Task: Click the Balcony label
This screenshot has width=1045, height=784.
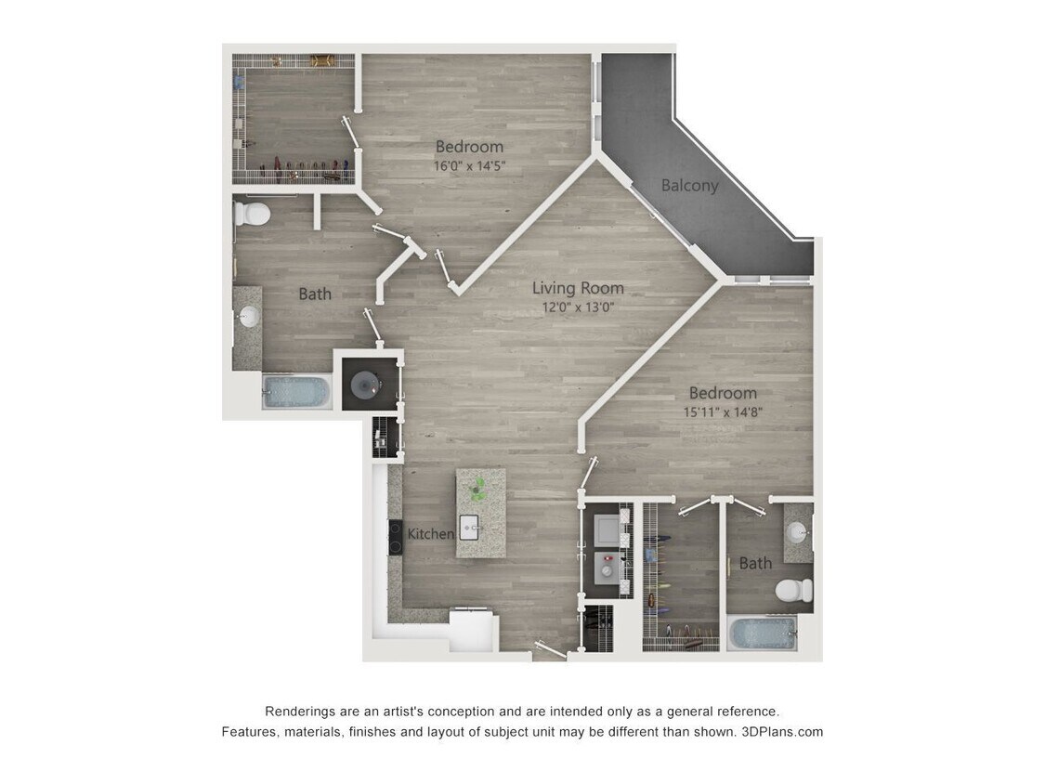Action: (689, 185)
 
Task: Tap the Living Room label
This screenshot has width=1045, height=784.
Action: (578, 288)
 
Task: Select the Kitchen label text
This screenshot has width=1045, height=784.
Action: (431, 534)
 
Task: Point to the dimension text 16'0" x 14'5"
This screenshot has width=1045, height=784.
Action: (469, 166)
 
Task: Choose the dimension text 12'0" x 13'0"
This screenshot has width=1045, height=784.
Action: (579, 307)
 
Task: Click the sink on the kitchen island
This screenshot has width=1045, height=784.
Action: (469, 525)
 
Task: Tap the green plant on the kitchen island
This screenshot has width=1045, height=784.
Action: (478, 486)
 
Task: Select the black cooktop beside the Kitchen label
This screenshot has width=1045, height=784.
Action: (394, 536)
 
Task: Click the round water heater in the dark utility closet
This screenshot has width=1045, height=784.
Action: (363, 381)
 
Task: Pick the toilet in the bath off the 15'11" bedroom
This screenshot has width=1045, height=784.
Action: (794, 589)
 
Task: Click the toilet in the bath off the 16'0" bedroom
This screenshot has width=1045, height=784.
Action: (252, 215)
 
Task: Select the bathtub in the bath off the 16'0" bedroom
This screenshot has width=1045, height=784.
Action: (296, 391)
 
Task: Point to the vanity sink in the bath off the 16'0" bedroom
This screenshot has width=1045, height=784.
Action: (248, 318)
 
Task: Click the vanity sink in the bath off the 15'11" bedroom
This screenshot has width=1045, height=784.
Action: (796, 533)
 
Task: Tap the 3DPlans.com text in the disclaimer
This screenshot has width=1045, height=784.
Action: (782, 732)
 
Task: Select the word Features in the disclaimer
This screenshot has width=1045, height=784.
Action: (249, 732)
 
